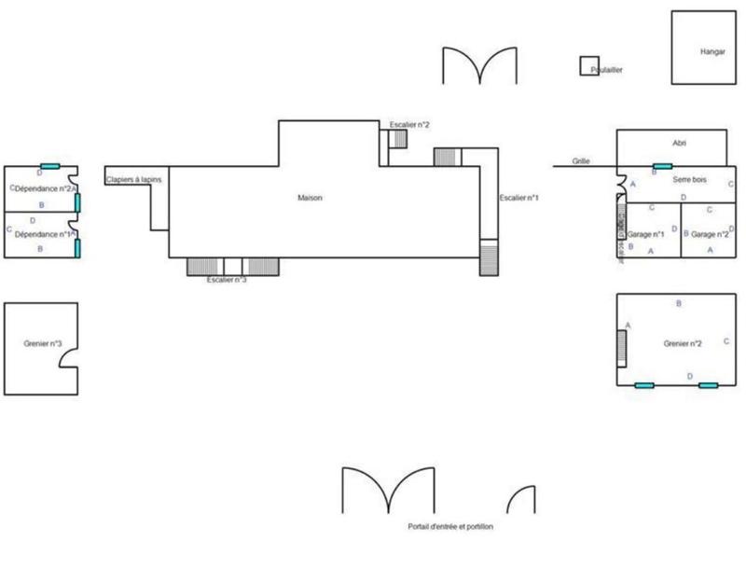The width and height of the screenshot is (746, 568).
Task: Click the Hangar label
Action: (712, 52)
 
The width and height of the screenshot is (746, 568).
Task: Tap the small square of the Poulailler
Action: (588, 65)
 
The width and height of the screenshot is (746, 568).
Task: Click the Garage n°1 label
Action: (646, 234)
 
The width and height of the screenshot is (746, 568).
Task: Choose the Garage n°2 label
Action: (710, 234)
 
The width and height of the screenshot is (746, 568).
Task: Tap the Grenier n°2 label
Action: (683, 343)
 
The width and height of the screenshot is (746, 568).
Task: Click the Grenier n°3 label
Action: (43, 344)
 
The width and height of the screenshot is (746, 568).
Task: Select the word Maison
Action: (310, 198)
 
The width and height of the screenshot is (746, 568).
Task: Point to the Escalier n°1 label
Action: (519, 198)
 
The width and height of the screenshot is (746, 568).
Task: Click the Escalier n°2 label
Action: (408, 124)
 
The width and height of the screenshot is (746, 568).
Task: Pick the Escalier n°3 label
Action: (227, 280)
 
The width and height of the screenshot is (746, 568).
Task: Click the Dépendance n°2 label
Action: (42, 188)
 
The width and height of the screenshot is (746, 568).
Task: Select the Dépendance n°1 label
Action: (42, 233)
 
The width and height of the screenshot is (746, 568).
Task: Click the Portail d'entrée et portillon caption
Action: (450, 527)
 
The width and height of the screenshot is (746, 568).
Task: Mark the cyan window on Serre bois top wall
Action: (662, 166)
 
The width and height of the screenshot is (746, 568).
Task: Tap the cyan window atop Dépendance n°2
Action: (50, 166)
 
